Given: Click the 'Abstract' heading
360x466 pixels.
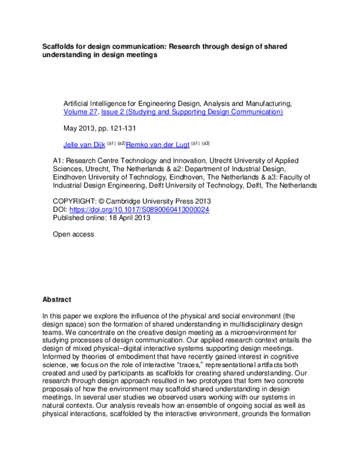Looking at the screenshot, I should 56,299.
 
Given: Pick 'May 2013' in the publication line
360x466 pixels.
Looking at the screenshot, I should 76,128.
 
